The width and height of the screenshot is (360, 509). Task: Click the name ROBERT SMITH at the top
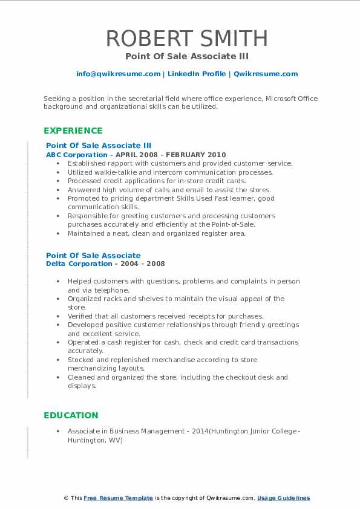click(x=186, y=38)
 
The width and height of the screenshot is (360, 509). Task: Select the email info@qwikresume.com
click(x=118, y=74)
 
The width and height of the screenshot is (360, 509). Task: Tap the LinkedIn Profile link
click(x=196, y=74)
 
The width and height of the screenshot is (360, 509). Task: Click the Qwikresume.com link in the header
click(x=266, y=74)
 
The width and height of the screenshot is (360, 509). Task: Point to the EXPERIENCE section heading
click(x=73, y=131)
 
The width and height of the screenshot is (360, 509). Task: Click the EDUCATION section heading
click(x=71, y=415)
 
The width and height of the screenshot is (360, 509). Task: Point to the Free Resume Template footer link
click(x=118, y=498)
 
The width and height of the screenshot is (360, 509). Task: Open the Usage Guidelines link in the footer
click(x=283, y=498)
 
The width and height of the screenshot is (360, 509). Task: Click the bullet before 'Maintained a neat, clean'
click(x=57, y=233)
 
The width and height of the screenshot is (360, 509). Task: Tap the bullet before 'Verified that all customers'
click(x=57, y=316)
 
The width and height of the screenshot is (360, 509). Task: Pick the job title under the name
click(x=186, y=56)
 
